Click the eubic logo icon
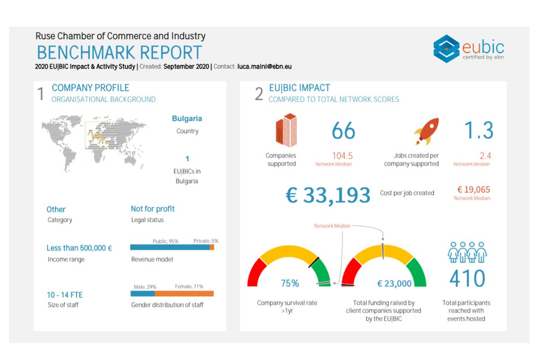(x=446, y=48)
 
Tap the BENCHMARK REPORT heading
(x=119, y=53)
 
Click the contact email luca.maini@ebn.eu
(x=265, y=67)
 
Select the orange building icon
(x=286, y=130)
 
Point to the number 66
(x=343, y=131)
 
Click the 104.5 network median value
(x=342, y=156)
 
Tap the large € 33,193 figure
(x=328, y=195)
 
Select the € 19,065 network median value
(x=473, y=190)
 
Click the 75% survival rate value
(x=290, y=283)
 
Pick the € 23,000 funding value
(x=394, y=283)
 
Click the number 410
(x=467, y=279)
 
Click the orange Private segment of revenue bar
(x=212, y=247)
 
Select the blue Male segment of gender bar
(x=143, y=293)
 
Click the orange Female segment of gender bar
(x=184, y=293)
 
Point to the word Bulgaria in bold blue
(x=187, y=119)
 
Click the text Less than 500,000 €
(x=79, y=248)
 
